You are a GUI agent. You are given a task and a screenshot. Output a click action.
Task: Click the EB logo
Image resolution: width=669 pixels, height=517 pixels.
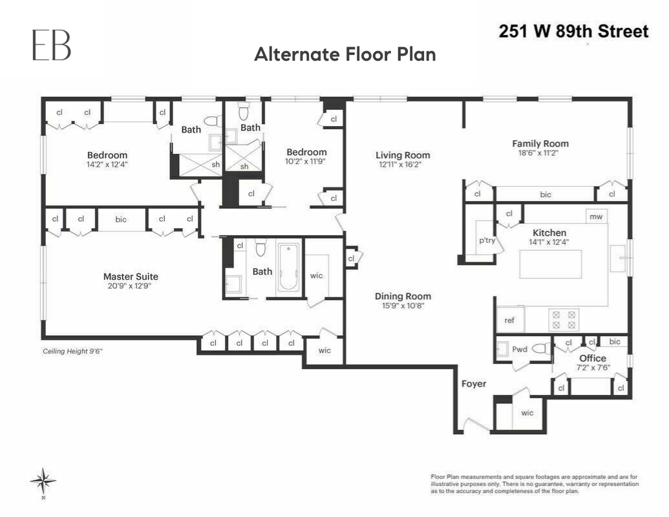pyautogui.click(x=52, y=45)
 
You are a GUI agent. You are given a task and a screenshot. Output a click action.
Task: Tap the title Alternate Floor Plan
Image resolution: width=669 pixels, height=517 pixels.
pyautogui.click(x=345, y=54)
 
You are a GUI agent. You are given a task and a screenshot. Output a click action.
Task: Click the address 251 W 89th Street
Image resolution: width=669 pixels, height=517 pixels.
pyautogui.click(x=573, y=31)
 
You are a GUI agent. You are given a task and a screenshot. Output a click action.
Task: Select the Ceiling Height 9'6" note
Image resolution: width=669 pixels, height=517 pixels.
pyautogui.click(x=73, y=351)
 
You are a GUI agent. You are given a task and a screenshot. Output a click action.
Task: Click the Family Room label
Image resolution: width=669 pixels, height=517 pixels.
pyautogui.click(x=540, y=143)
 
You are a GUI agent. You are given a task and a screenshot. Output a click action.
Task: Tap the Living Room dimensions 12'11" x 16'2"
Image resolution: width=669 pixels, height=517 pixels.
pyautogui.click(x=403, y=165)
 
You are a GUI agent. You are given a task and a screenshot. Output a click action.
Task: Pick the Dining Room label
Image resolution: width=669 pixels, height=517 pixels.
pyautogui.click(x=403, y=297)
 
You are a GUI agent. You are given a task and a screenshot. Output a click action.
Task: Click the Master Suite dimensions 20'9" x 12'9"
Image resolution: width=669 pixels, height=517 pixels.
pyautogui.click(x=132, y=286)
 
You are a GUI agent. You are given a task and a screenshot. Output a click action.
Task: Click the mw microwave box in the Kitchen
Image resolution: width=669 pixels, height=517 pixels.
pyautogui.click(x=596, y=216)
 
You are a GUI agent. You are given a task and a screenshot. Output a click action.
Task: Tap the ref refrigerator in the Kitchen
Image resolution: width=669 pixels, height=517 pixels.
pyautogui.click(x=509, y=320)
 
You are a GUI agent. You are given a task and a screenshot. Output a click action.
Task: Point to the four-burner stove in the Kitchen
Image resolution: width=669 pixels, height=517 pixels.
pyautogui.click(x=564, y=320)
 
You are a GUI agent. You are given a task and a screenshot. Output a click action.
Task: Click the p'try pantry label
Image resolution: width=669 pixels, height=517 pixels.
pyautogui.click(x=486, y=240)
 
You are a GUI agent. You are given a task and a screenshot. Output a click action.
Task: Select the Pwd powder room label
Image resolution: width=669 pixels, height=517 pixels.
pyautogui.click(x=520, y=350)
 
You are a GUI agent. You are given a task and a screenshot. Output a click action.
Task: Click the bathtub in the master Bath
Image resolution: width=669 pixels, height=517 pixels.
pyautogui.click(x=288, y=269)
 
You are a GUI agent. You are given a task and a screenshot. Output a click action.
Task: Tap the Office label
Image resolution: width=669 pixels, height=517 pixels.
pyautogui.click(x=592, y=358)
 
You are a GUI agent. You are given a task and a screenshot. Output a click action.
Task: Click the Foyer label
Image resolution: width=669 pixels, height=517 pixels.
pyautogui.click(x=473, y=384)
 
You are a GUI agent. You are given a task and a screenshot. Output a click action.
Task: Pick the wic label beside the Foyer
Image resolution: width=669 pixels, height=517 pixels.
pyautogui.click(x=527, y=413)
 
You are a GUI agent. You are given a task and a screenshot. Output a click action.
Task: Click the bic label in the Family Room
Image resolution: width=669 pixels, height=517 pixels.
pyautogui.click(x=545, y=194)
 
